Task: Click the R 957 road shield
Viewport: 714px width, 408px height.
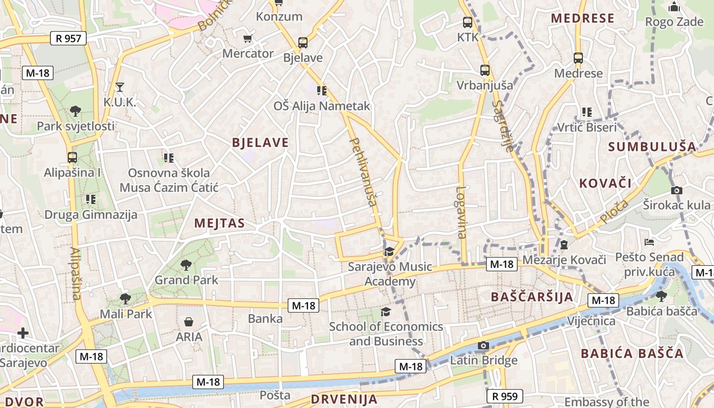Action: (69, 38)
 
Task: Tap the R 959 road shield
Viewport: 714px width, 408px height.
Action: (505, 396)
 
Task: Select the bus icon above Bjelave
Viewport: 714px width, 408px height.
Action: (303, 43)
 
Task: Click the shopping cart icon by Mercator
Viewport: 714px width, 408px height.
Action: (248, 39)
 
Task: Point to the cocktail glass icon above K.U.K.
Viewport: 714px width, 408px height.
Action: (119, 87)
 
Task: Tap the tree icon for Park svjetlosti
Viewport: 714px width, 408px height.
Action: (75, 111)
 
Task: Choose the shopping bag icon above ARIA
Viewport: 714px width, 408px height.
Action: (189, 322)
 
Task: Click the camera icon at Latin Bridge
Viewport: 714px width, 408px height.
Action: (483, 346)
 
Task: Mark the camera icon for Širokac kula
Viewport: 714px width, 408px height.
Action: (677, 190)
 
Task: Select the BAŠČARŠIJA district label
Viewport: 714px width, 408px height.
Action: (532, 297)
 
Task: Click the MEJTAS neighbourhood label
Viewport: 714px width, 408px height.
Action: (219, 223)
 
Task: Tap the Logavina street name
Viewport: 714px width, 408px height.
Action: (461, 213)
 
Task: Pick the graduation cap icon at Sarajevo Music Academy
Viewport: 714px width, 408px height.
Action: (389, 251)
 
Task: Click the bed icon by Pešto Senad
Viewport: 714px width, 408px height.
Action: (649, 242)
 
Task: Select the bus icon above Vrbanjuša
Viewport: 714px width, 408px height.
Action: (484, 70)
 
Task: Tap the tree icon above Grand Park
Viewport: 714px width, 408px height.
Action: (186, 265)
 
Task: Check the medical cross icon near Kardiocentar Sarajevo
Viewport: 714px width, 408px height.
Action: (23, 333)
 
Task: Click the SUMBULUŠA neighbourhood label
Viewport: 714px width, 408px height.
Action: (652, 147)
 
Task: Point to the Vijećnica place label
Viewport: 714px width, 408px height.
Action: (592, 321)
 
